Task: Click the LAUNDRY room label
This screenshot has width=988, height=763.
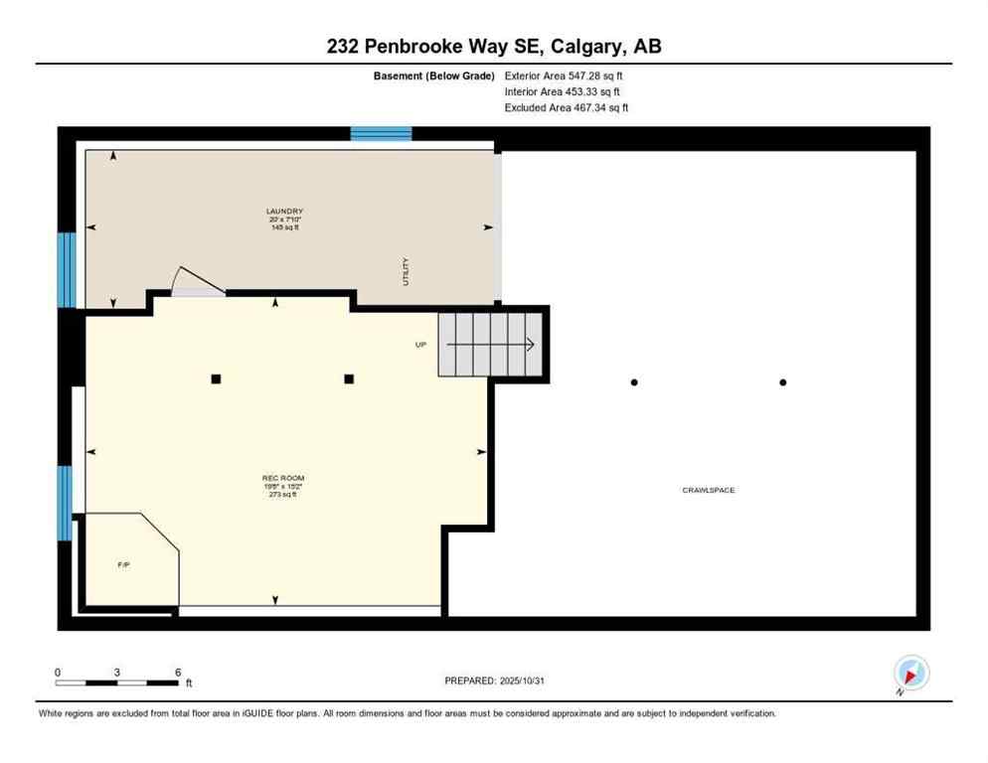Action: coord(284,212)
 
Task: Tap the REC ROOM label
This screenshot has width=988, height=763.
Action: coord(283,478)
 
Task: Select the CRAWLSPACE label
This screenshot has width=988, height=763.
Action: coord(708,490)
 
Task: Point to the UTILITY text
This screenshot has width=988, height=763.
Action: coord(406,272)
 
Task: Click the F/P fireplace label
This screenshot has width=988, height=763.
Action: coord(124,564)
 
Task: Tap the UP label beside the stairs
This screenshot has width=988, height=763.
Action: coord(420,345)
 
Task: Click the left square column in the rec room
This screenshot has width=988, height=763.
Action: coord(216,379)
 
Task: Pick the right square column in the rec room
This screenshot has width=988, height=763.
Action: coord(349,379)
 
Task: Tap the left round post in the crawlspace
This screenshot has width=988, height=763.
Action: coord(634,382)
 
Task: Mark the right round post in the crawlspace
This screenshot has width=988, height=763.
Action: coord(783,382)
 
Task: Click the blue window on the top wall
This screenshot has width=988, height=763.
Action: coord(381,134)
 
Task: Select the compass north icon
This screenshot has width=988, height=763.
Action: coord(910,673)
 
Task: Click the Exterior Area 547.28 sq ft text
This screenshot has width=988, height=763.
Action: coord(564,76)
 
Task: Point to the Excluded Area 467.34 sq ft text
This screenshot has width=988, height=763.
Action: coord(566,107)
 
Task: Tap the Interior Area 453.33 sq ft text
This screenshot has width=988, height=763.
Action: coord(562,91)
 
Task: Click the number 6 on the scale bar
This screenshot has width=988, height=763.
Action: coord(178,672)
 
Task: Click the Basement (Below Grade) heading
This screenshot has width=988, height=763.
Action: coord(434,76)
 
